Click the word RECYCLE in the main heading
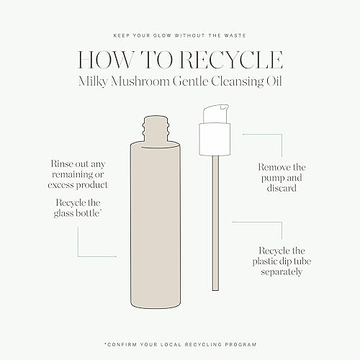(x=232, y=60)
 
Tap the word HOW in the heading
(x=104, y=60)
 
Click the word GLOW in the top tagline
(x=161, y=36)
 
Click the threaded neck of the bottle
(x=156, y=130)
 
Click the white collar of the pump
(x=215, y=139)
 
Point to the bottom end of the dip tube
(x=215, y=290)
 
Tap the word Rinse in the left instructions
(x=61, y=164)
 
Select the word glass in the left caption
(x=63, y=213)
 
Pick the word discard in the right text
(x=282, y=188)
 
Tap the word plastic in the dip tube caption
(x=266, y=261)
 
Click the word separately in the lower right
(x=282, y=272)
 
